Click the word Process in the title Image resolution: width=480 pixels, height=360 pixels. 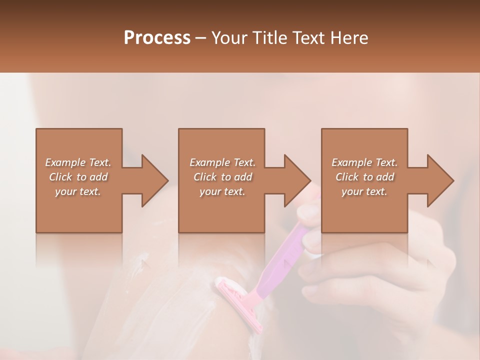[157, 38]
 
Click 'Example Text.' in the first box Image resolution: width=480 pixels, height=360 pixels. [78, 162]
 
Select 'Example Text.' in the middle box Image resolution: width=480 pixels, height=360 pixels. [222, 162]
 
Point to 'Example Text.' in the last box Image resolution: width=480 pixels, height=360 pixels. [364, 162]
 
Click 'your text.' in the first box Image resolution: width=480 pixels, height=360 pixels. [78, 191]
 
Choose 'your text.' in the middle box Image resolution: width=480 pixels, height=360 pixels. [222, 191]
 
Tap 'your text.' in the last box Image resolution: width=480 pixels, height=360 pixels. [364, 191]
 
